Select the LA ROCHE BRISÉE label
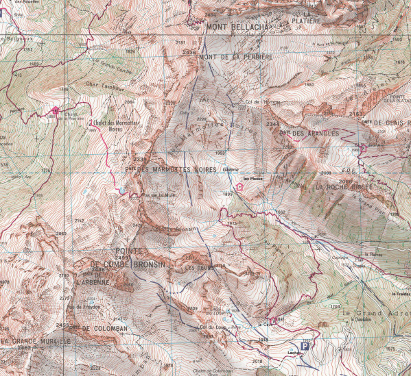click(343, 186)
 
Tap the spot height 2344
click(272, 124)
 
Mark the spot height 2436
click(189, 52)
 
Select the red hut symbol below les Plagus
click(239, 186)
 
